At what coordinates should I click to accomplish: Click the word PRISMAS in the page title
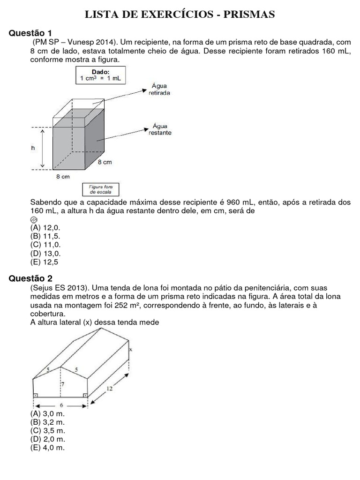click(x=249, y=15)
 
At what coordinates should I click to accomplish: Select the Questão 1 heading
click(x=30, y=33)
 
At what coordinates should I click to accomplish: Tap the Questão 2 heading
click(x=30, y=278)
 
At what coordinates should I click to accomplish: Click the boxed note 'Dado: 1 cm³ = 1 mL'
click(x=100, y=75)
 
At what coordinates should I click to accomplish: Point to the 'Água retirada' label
click(x=160, y=89)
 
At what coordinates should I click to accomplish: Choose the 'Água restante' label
click(x=160, y=129)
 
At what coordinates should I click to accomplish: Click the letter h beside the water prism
click(x=33, y=148)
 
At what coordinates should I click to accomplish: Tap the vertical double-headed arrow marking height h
click(x=43, y=149)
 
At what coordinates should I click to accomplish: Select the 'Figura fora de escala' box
click(x=101, y=189)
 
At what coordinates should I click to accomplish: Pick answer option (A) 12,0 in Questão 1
click(x=45, y=227)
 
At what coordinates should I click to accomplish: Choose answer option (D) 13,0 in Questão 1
click(x=45, y=254)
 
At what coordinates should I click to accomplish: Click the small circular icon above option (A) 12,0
click(x=33, y=219)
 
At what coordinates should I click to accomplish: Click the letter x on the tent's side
click(x=131, y=349)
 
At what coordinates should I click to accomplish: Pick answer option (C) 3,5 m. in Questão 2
click(x=47, y=430)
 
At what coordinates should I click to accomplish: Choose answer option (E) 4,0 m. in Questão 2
click(x=47, y=448)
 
